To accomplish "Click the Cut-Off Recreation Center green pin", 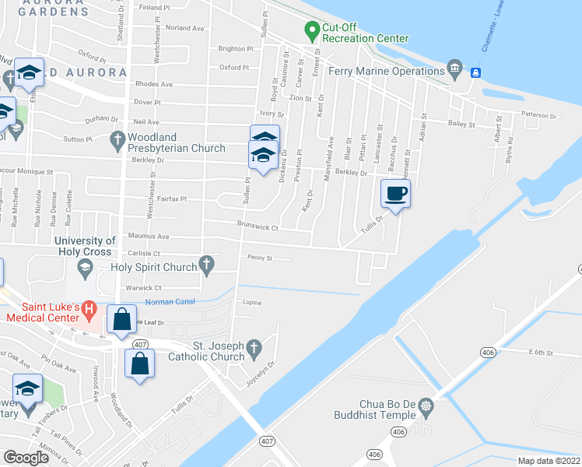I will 312,31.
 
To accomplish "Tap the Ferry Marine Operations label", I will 386,72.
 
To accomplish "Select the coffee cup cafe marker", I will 396,194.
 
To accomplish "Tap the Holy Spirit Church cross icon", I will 207,267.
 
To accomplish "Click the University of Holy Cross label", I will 87,246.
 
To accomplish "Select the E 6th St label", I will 539,353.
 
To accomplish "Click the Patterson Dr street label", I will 540,115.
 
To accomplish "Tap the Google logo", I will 26,458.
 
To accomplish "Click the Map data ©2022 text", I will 549,461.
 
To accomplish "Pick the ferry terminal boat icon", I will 475,72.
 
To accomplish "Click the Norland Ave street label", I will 184,28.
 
